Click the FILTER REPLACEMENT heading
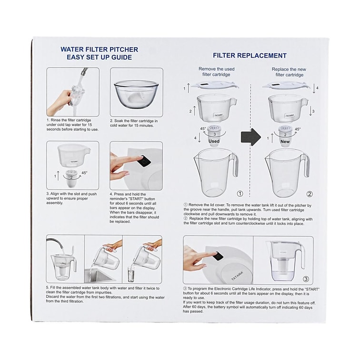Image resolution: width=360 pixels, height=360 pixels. pos(250,56)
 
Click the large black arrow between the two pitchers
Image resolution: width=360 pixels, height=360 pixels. pos(251,137)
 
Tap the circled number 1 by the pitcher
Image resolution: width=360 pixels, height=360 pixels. pos(240,194)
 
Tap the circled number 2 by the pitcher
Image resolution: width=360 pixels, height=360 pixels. pos(310,194)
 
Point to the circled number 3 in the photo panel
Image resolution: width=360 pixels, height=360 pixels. pos(306,279)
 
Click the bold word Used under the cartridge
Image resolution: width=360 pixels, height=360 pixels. pos(214,141)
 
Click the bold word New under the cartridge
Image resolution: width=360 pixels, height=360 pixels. pos(285,141)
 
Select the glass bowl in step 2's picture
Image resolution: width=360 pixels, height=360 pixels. pos(136,95)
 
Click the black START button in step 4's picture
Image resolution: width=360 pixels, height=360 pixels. pos(144,161)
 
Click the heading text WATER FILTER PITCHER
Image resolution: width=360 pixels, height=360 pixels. pos(99,50)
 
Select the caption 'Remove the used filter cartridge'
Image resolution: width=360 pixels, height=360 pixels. pos(217,71)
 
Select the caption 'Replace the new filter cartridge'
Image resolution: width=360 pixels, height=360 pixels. pos(289,72)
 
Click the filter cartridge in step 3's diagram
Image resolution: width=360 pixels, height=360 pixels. pos(72,179)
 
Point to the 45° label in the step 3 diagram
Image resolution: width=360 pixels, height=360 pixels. pos(84,173)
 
